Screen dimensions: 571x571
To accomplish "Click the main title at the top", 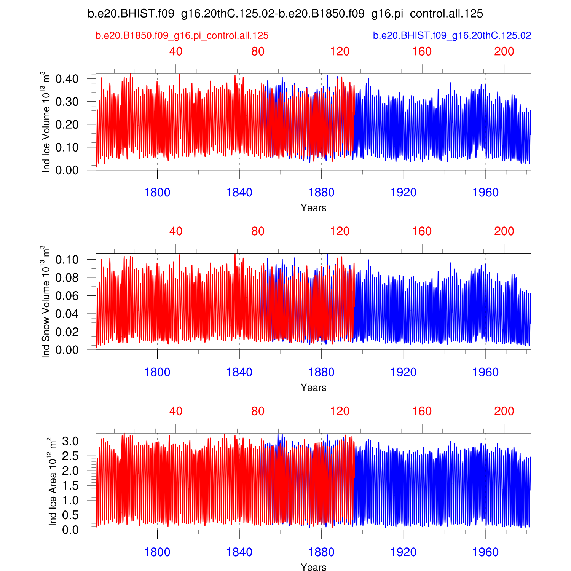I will click(285, 14).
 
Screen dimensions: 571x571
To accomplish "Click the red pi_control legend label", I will click(182, 36).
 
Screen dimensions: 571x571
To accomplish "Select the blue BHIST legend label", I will click(452, 36).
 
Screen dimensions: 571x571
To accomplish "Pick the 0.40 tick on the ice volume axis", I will click(67, 79).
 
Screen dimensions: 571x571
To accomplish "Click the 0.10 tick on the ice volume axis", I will click(67, 147).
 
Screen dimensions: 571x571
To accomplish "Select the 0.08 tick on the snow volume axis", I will click(67, 278).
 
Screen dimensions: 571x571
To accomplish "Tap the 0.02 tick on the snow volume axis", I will click(67, 332).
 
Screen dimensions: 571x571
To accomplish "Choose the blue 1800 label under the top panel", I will click(157, 193).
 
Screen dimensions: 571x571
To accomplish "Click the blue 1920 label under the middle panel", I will click(404, 372).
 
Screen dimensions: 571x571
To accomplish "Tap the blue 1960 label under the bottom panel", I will click(485, 552).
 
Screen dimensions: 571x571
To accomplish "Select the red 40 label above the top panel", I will click(176, 52).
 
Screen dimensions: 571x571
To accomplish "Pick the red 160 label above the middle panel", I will click(422, 231).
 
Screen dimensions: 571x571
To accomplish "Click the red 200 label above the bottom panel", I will click(504, 412).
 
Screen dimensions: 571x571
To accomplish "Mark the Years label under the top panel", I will click(313, 208).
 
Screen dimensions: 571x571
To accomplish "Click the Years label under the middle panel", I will click(313, 388).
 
